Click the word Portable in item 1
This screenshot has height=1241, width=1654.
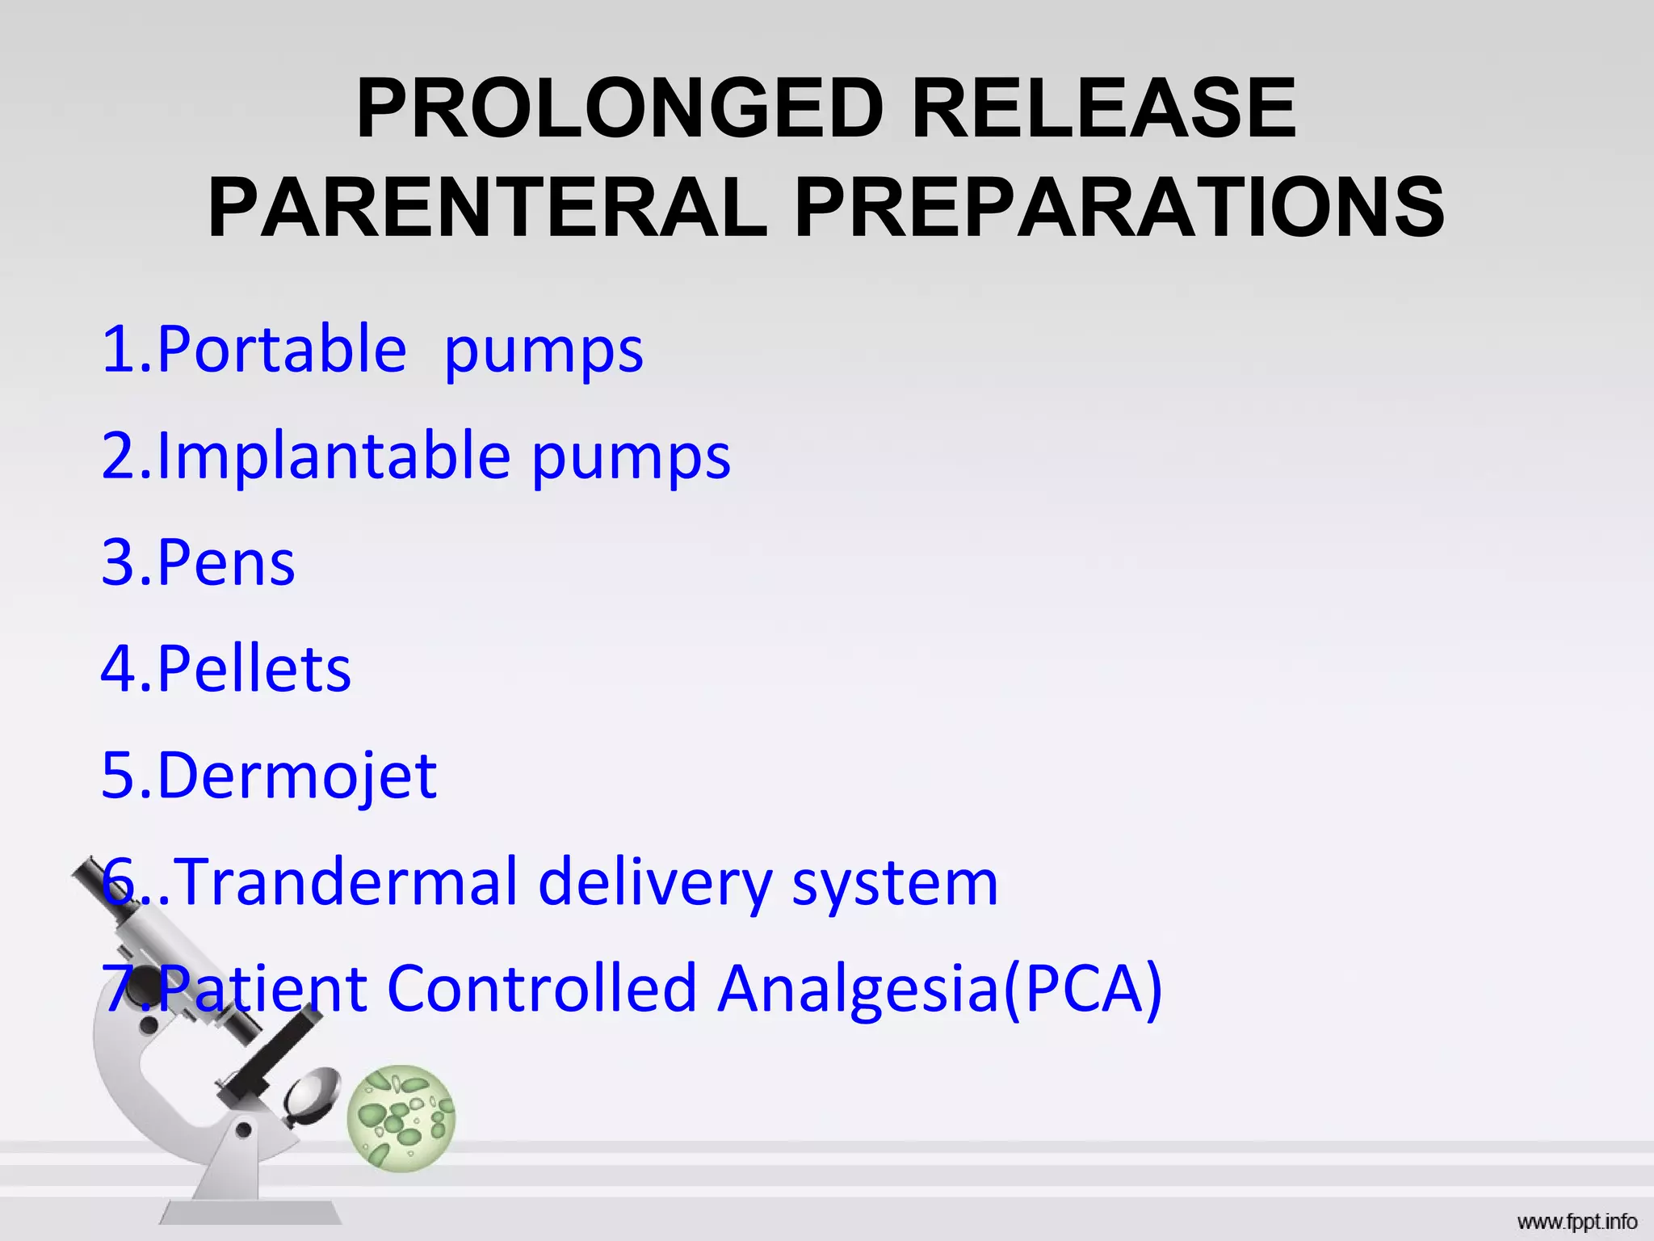281,349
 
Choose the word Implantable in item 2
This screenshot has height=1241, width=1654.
334,456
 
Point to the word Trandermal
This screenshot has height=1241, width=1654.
346,882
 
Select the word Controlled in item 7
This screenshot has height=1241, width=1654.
541,988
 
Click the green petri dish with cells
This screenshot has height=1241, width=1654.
401,1117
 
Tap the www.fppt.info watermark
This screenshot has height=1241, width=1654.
1576,1222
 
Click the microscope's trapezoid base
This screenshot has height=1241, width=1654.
250,1212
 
